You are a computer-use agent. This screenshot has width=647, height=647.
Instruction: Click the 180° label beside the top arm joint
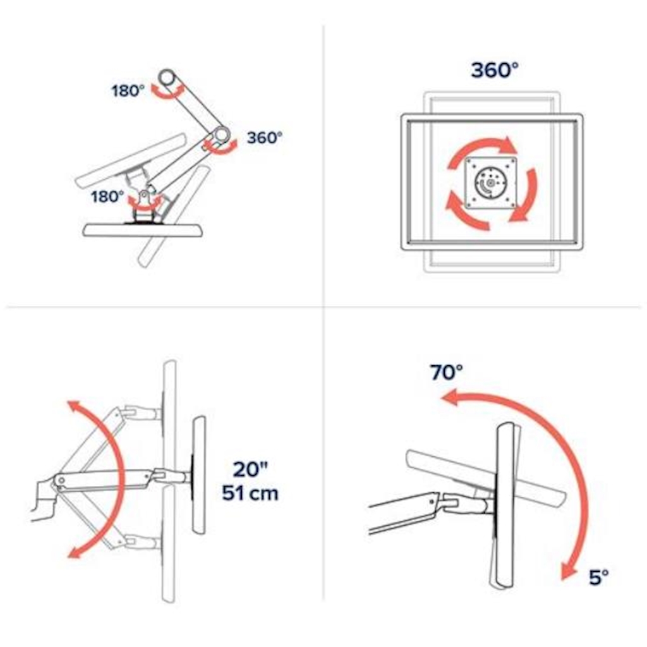(128, 91)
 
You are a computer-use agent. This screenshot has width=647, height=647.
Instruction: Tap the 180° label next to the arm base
(107, 197)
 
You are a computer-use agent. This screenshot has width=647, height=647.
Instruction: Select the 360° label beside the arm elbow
(265, 137)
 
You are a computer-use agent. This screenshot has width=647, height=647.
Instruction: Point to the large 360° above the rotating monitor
(494, 70)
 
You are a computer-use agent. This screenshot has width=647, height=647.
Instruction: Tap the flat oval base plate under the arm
(143, 230)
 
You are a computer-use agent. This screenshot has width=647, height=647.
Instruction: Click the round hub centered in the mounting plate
(490, 183)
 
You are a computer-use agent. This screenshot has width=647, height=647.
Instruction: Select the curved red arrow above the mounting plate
(481, 148)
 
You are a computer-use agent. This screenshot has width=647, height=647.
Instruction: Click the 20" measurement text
(250, 469)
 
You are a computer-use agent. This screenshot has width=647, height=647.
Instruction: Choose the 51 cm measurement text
(250, 493)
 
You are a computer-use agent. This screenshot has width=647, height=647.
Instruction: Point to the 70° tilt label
(447, 372)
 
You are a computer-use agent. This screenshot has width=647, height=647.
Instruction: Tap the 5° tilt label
(599, 577)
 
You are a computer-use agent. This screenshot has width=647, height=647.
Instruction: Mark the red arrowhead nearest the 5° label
(568, 572)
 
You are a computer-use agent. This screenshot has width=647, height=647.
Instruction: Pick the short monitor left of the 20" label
(199, 475)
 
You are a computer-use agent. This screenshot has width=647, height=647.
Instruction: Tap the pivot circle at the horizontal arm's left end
(61, 480)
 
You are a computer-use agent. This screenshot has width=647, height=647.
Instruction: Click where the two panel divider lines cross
(323, 307)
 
